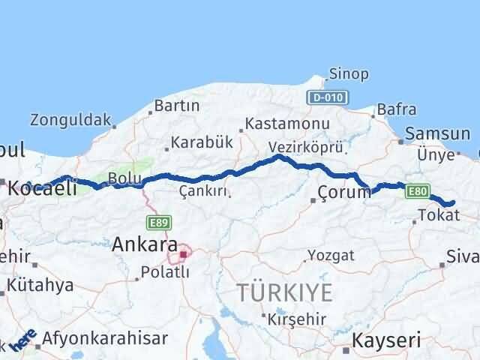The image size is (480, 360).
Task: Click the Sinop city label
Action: (x=349, y=73)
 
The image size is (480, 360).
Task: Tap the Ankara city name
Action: (x=145, y=244)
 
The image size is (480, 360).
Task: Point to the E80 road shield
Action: (x=418, y=192)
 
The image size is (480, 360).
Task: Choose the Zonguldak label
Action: (x=70, y=118)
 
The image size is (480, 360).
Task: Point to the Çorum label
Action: (x=344, y=192)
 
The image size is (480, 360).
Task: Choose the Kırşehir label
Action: (x=298, y=319)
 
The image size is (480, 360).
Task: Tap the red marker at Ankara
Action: (x=183, y=254)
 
